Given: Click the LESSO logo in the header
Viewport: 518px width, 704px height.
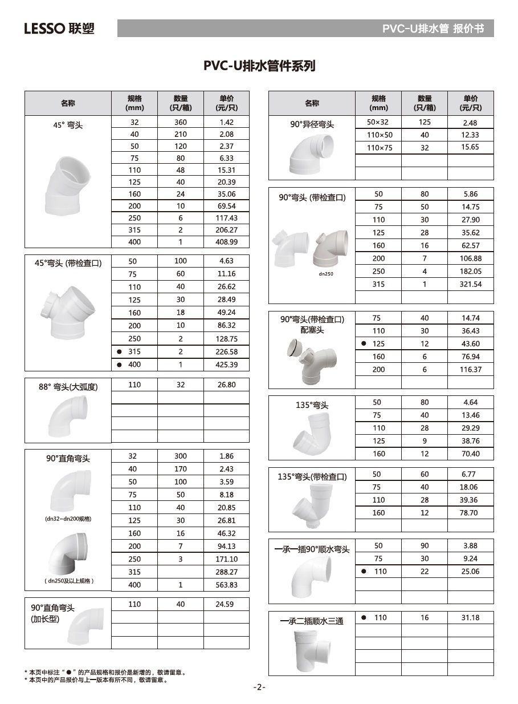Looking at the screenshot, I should click(59, 28).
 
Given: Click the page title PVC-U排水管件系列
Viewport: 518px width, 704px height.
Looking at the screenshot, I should click(259, 66).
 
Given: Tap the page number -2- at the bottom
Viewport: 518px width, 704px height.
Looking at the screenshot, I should click(259, 687).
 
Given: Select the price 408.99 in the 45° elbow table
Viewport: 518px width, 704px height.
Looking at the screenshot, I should click(226, 241).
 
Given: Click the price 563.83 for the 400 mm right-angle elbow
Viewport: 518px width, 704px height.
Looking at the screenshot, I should click(226, 585).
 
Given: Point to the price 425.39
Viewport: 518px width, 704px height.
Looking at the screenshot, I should click(226, 365).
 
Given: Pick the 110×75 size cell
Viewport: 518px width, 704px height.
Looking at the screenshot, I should click(378, 148).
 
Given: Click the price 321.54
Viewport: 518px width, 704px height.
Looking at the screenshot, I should click(470, 284).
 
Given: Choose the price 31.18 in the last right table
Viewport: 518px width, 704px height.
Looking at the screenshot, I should click(470, 617).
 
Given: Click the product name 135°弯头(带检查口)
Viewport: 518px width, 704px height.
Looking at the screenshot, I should click(312, 476).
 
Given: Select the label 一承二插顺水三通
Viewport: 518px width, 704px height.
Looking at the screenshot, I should click(312, 621).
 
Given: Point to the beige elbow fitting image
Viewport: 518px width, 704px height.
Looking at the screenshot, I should click(329, 249).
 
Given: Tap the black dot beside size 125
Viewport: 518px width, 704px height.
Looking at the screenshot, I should click(364, 344).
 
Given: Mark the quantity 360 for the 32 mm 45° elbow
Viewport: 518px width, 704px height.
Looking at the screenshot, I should click(180, 122).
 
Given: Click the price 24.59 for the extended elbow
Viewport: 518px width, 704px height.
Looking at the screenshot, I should click(226, 604).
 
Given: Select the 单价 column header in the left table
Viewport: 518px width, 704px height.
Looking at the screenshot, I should click(226, 103).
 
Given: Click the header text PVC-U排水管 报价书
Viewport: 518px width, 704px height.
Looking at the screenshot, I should click(433, 29).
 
